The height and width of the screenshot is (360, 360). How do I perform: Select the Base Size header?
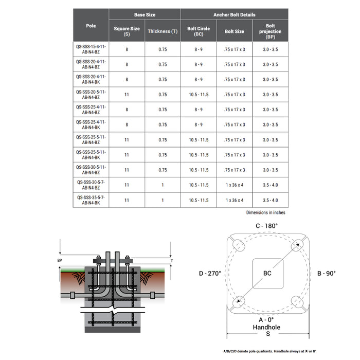coord(145,15)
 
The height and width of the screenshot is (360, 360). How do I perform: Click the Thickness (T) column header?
coord(163,31)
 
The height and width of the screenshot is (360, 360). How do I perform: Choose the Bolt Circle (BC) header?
coord(198,31)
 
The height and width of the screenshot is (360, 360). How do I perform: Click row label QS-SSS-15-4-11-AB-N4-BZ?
coord(91,49)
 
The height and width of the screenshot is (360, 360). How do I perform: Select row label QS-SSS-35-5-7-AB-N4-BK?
coord(91,200)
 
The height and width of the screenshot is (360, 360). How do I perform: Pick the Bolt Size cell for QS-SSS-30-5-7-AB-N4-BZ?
coord(234,185)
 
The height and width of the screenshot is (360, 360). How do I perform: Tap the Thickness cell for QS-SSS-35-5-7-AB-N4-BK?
coord(163,200)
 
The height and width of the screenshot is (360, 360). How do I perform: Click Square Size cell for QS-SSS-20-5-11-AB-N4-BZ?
coord(127,95)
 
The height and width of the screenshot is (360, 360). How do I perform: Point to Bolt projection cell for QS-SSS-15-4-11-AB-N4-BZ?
coord(270,49)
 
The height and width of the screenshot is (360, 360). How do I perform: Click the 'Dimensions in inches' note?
coord(265,212)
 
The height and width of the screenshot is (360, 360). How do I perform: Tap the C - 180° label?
coord(267,226)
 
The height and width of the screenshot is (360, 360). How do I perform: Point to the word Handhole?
coord(267,327)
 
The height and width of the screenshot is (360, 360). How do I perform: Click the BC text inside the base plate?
coord(267,273)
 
